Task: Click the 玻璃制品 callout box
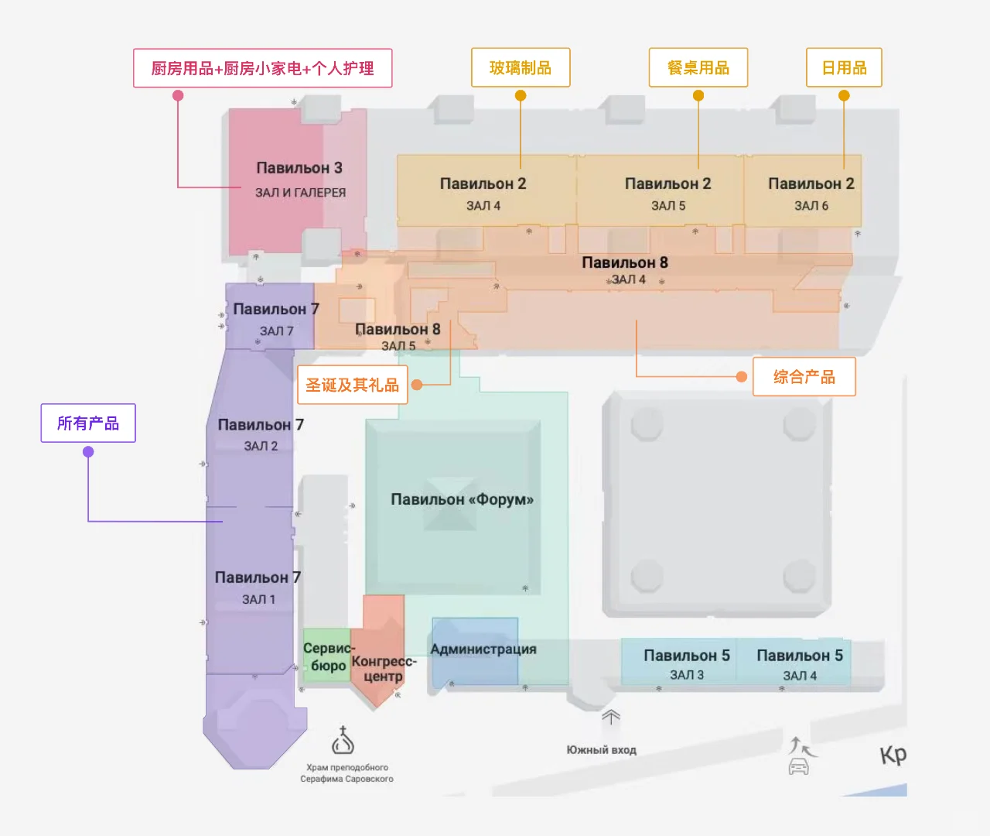(x=520, y=67)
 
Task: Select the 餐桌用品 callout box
(x=698, y=67)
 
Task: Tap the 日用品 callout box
(x=844, y=67)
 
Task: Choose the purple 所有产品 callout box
(x=88, y=423)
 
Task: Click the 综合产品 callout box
(x=804, y=377)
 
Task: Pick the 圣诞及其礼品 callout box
(x=352, y=384)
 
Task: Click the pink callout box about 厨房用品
(x=263, y=68)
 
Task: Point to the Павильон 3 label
(x=299, y=168)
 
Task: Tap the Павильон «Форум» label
(x=463, y=499)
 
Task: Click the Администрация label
(x=483, y=649)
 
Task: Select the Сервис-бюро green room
(x=326, y=655)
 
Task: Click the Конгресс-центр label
(x=384, y=668)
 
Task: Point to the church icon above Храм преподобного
(x=343, y=740)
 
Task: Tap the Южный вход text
(x=601, y=750)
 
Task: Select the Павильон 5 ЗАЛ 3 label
(x=687, y=664)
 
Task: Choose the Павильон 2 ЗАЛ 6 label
(x=811, y=194)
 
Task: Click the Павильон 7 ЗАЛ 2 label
(x=261, y=434)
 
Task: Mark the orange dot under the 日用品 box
(x=844, y=95)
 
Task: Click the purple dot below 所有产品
(x=88, y=452)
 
